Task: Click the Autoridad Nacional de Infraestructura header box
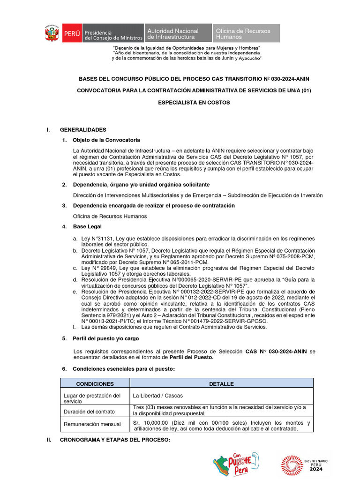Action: [x=177, y=34]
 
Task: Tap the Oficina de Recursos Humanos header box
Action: [x=246, y=34]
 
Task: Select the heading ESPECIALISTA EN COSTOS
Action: [x=194, y=103]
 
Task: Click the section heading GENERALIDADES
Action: [x=83, y=129]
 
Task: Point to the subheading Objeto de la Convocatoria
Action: [x=106, y=140]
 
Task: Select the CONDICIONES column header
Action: [x=95, y=383]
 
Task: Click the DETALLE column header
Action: [x=221, y=383]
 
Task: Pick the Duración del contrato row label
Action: [x=89, y=411]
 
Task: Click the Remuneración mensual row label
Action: [x=92, y=424]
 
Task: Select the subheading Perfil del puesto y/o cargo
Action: [x=106, y=338]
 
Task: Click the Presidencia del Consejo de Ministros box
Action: [x=113, y=34]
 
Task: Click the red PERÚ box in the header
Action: [x=72, y=34]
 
